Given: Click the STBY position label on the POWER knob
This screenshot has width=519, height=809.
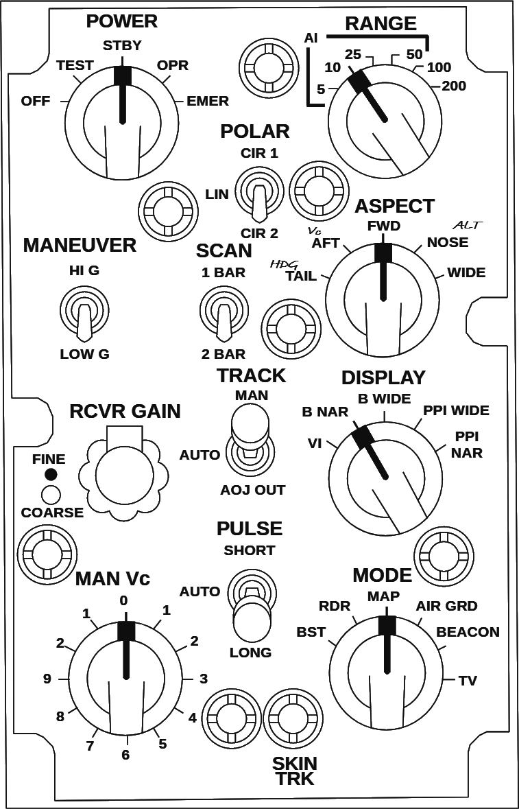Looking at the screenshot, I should point(122,46).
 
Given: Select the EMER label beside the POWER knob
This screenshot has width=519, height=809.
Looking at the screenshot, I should point(208,101).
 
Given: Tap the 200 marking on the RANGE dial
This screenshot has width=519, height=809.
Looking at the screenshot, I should point(454,86).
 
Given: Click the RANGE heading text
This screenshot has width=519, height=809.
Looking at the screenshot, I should point(381,23).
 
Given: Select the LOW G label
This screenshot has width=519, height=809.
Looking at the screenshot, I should point(84,355).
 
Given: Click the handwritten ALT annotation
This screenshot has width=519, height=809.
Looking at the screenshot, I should point(468,225).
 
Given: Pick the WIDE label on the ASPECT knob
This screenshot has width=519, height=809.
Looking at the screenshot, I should point(466,272).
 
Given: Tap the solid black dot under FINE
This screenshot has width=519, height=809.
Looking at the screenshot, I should point(51,474).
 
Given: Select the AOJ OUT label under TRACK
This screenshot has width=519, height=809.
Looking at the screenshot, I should point(252,490).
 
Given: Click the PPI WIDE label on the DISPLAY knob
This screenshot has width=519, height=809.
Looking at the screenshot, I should point(456,410).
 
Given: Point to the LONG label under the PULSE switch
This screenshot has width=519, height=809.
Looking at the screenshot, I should point(251,652).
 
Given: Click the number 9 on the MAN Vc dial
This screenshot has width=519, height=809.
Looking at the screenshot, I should point(47,679).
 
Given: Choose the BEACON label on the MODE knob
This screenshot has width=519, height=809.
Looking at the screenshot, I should point(468,632).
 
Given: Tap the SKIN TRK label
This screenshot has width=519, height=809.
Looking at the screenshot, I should point(294,771).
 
